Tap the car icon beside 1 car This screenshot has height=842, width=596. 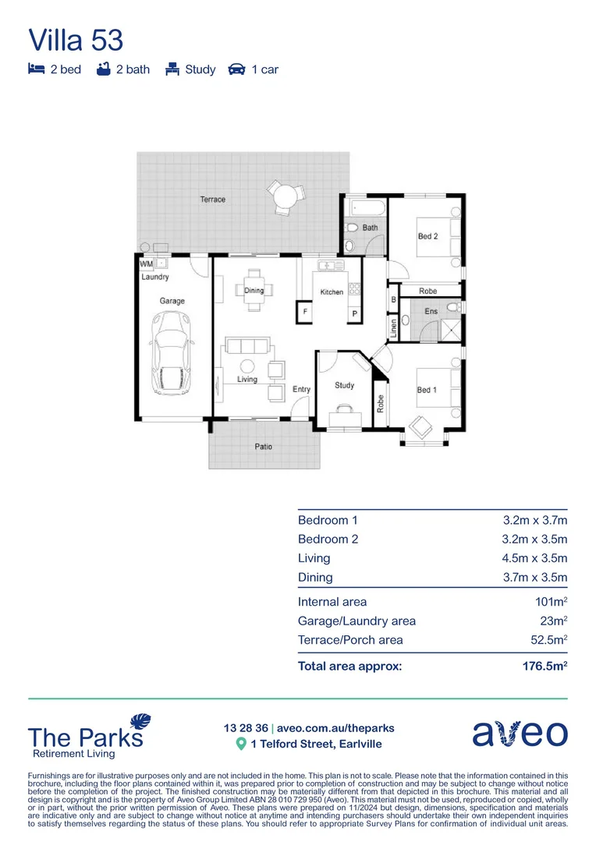236,69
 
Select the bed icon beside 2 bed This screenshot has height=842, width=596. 36,69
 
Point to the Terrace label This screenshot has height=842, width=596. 212,200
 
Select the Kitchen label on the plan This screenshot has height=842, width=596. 332,292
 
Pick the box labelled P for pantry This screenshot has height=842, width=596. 354,313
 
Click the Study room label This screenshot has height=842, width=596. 344,385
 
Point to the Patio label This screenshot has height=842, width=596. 264,448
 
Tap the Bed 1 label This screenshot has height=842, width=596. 426,390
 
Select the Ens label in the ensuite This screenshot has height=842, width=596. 431,312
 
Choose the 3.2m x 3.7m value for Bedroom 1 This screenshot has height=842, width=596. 534,520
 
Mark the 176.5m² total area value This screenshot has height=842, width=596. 544,667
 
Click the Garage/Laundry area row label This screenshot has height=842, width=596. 357,621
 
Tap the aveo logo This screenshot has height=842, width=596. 520,734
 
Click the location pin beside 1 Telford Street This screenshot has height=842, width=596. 241,745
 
